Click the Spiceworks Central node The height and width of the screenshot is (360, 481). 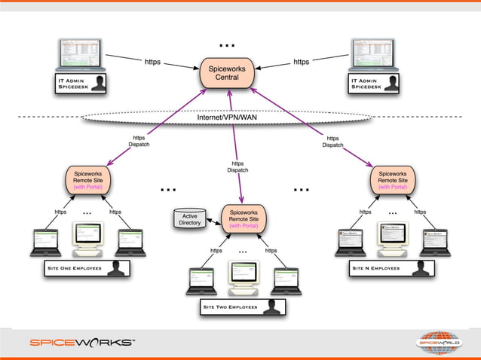(227, 72)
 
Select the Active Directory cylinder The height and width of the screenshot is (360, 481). (189, 219)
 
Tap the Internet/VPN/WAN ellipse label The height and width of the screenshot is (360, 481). (227, 118)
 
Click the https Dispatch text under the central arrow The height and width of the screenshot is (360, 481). (237, 167)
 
